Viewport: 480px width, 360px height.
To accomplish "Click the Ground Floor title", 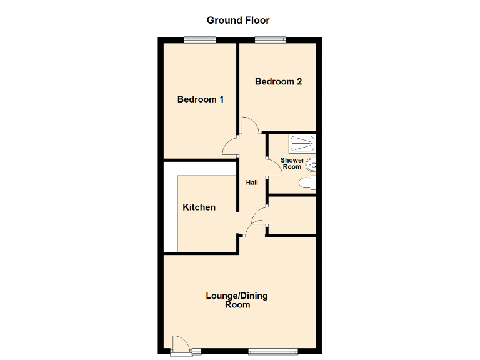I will pyautogui.click(x=239, y=21).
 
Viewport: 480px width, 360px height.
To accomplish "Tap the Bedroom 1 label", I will pyautogui.click(x=201, y=99).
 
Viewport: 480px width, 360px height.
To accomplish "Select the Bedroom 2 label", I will pyautogui.click(x=279, y=81).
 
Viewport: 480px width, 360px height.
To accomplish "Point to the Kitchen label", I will pyautogui.click(x=199, y=207).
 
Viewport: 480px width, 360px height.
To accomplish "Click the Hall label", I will pyautogui.click(x=252, y=182).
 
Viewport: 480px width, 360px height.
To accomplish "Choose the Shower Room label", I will pyautogui.click(x=292, y=164).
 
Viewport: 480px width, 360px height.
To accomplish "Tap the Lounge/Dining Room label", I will pyautogui.click(x=237, y=300).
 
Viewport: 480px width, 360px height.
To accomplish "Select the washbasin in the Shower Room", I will pyautogui.click(x=313, y=164).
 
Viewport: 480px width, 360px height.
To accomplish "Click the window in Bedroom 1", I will pyautogui.click(x=200, y=40).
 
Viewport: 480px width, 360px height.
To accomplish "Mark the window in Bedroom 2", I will pyautogui.click(x=269, y=40).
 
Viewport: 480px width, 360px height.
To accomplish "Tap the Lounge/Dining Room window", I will pyautogui.click(x=269, y=351).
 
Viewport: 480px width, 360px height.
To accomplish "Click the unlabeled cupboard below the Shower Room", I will pyautogui.click(x=292, y=216).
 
